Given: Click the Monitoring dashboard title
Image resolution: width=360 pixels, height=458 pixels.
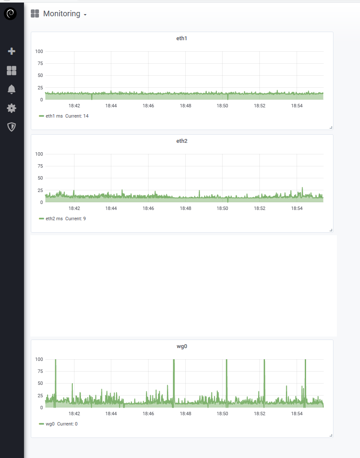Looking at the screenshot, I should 62,14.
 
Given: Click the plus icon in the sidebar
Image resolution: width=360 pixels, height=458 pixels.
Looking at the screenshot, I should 12,51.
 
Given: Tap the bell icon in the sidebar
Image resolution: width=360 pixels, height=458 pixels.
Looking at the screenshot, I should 12,89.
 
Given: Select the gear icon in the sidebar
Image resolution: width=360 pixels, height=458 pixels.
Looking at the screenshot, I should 12,108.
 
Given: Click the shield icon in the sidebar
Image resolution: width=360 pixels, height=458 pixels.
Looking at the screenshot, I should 12,127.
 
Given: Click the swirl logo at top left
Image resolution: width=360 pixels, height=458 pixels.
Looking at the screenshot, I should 10,14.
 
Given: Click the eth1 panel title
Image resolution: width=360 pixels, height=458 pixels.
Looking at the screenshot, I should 182,38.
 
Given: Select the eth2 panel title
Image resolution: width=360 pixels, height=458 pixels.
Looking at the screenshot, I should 182,141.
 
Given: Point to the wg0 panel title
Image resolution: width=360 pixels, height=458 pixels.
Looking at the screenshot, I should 182,346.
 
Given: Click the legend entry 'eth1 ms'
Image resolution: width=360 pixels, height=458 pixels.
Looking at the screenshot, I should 54,116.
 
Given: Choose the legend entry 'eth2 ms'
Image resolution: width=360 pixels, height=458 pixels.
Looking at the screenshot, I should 54,219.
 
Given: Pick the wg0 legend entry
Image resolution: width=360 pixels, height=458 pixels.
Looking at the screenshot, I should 50,424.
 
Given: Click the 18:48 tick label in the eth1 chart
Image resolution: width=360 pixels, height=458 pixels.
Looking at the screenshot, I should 185,106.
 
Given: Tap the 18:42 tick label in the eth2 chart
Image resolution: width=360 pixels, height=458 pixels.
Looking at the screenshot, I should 74,208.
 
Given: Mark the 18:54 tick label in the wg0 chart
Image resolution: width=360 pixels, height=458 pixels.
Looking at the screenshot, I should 297,414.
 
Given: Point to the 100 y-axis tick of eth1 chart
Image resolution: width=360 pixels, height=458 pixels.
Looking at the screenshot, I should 39,51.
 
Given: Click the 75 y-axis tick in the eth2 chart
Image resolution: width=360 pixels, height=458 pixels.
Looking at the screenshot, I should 40,166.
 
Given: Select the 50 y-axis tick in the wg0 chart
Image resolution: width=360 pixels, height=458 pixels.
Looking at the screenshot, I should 40,383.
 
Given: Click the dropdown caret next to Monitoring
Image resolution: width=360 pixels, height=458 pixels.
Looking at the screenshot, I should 85,15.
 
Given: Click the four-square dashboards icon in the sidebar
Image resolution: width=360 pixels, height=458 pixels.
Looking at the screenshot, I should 12,71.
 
